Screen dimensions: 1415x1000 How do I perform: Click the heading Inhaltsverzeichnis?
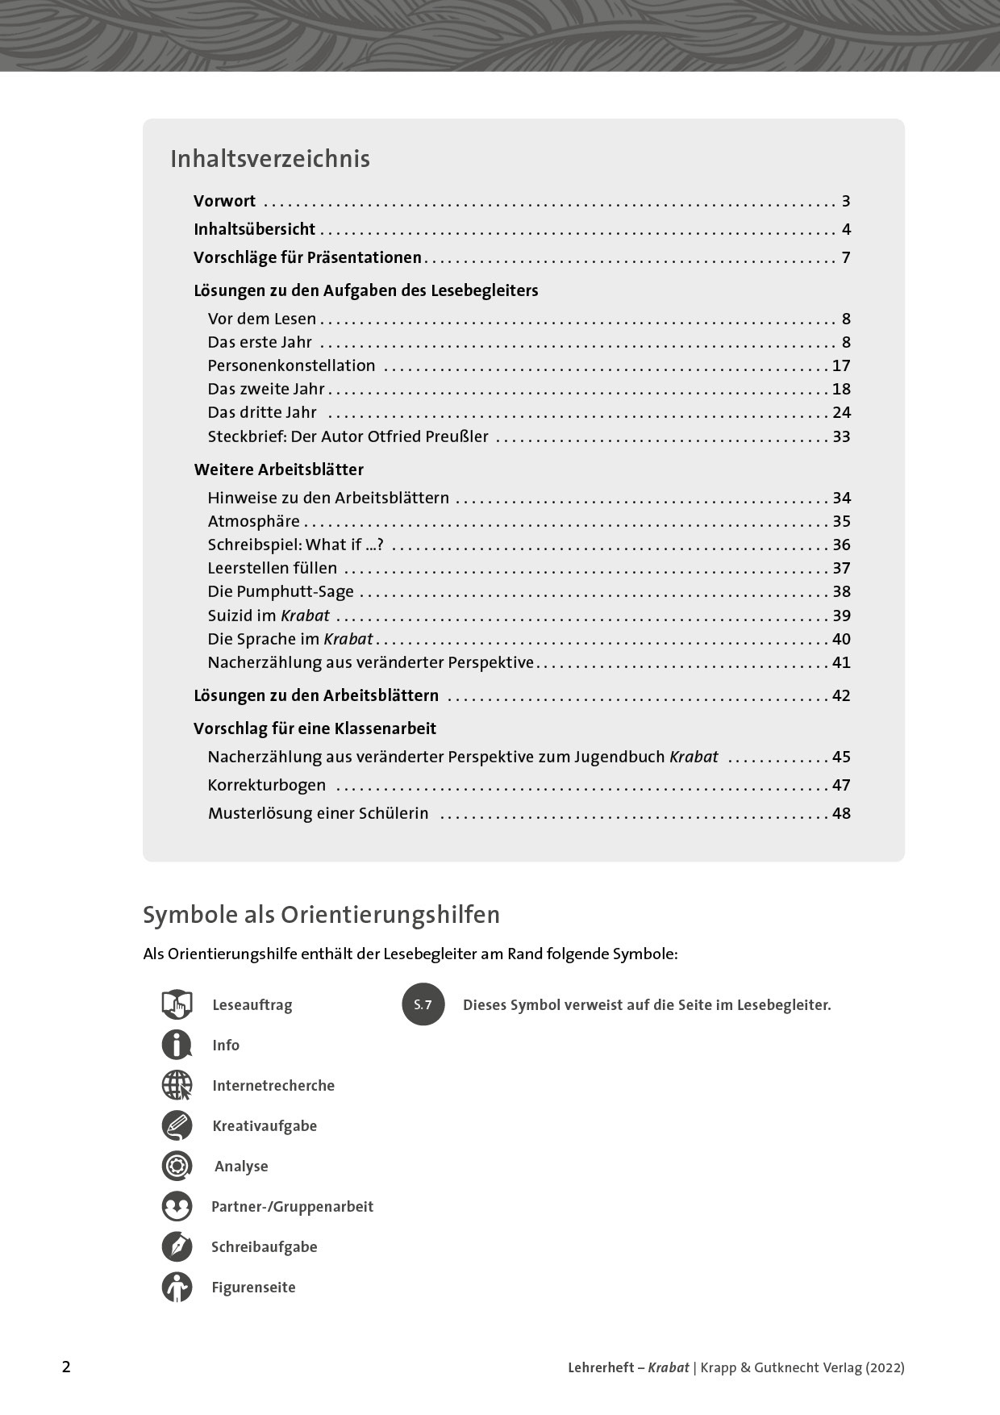(x=269, y=159)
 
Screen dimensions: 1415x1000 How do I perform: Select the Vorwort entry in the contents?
(x=224, y=201)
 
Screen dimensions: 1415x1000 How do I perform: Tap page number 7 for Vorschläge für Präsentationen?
(x=846, y=257)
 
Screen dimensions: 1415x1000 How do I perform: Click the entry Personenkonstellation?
(x=291, y=365)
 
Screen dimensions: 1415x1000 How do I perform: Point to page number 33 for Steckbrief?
(x=841, y=436)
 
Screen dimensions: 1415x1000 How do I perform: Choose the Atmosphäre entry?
(x=253, y=521)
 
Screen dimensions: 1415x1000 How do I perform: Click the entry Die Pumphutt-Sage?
(x=281, y=591)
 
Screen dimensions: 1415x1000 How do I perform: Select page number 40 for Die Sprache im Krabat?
(x=841, y=639)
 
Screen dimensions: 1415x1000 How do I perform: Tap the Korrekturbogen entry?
(x=266, y=785)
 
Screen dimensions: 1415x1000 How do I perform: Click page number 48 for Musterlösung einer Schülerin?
(x=841, y=813)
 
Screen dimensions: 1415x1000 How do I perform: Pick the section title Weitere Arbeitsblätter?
(x=278, y=470)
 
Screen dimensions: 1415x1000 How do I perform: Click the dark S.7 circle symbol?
(x=423, y=1004)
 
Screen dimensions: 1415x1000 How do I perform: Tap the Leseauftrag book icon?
(x=177, y=1004)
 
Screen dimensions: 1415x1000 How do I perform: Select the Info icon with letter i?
(x=177, y=1045)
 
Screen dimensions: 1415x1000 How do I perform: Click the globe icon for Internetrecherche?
(x=177, y=1085)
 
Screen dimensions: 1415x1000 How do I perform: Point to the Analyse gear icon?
(x=177, y=1166)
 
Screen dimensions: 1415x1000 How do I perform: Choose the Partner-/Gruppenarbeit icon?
(x=177, y=1206)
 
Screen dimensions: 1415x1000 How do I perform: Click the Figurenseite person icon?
(x=177, y=1287)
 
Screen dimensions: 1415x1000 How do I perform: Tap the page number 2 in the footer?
(x=66, y=1367)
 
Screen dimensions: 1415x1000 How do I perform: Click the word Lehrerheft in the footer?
(x=601, y=1367)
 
